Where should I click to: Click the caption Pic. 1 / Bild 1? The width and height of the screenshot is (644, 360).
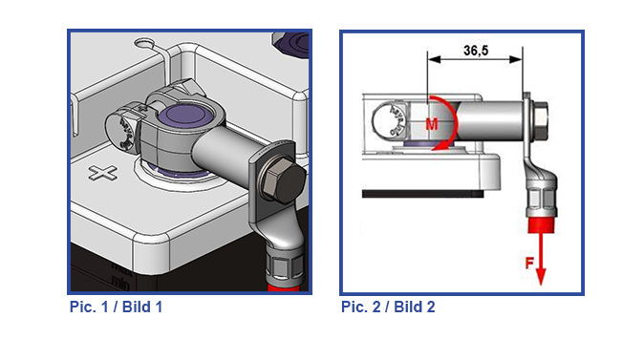(x=116, y=307)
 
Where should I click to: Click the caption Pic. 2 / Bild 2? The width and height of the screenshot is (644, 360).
(x=388, y=307)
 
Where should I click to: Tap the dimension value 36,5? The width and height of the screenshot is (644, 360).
(x=476, y=51)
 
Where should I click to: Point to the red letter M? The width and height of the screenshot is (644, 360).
(x=432, y=123)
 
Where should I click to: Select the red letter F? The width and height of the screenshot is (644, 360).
(x=530, y=263)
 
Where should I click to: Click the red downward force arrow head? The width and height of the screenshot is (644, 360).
(x=541, y=277)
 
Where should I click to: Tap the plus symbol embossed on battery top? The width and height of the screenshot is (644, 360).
(x=102, y=173)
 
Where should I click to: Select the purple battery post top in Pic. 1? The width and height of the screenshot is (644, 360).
(x=182, y=115)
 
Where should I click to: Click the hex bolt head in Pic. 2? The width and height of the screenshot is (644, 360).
(x=540, y=120)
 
